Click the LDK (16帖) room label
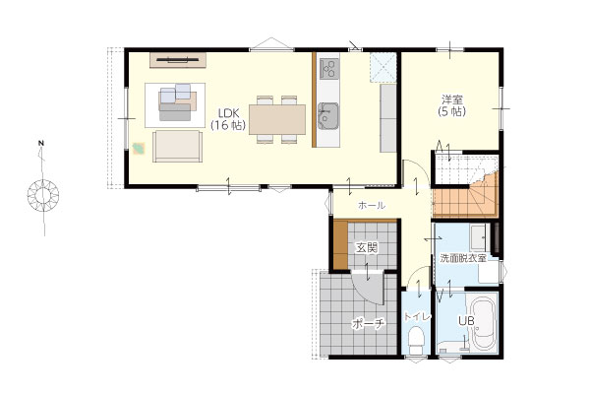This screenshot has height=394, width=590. (228, 119)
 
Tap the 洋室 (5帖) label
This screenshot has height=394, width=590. (452, 106)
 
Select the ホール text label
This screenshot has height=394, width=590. (372, 206)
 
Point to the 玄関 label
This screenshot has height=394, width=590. (367, 247)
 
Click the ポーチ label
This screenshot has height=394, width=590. (369, 324)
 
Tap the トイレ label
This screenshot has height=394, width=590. (417, 317)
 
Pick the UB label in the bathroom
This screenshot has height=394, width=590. (466, 321)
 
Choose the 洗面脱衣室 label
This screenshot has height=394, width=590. (463, 259)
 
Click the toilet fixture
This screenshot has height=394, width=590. (416, 341)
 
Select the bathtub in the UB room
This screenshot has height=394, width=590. (483, 323)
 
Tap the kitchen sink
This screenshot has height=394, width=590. (327, 116)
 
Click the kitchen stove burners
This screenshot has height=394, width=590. (328, 69)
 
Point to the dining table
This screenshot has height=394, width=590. (277, 119)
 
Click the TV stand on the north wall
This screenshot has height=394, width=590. (178, 60)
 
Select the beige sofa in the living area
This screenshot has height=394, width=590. (177, 147)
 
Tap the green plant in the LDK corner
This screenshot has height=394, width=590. (140, 148)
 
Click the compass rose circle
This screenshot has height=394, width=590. (43, 195)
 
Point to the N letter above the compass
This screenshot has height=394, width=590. (41, 143)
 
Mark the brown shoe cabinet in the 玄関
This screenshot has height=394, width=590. (340, 245)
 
